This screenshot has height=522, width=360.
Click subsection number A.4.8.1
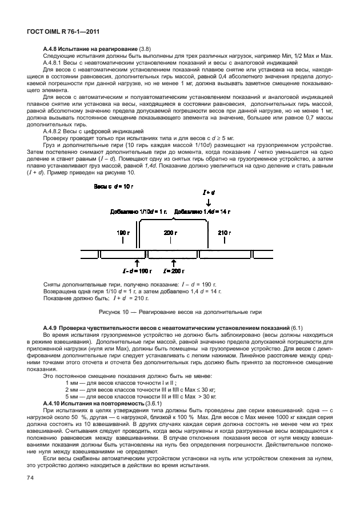pyautogui.click(x=55, y=62)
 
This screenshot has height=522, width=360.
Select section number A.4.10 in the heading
pyautogui.click(x=54, y=403)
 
